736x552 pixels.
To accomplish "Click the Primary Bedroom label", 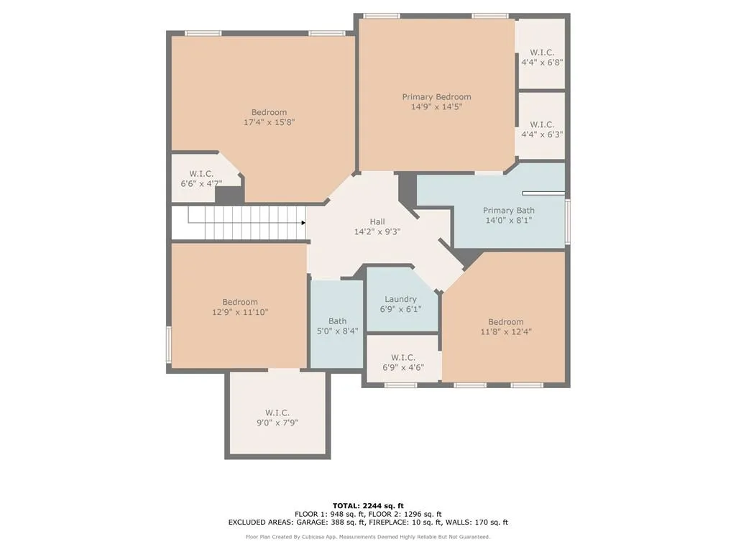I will tap(436, 97).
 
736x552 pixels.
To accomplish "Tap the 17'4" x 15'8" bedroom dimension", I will tap(269, 122).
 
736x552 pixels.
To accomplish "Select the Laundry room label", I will tap(400, 299).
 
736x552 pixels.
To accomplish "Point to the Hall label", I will tap(377, 221).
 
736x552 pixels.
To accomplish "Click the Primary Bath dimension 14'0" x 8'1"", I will tap(508, 221).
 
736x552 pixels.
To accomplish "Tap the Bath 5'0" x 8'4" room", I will tap(337, 326).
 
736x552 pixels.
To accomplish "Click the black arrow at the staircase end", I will tap(303, 223).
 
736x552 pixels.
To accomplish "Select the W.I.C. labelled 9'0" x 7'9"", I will tap(277, 418).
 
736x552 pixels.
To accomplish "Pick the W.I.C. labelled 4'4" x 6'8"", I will tap(541, 57).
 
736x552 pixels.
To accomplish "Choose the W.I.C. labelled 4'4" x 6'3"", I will tap(541, 129).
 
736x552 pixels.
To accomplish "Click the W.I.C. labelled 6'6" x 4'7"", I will tap(201, 179).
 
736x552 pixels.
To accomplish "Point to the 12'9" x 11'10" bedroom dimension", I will tap(239, 312).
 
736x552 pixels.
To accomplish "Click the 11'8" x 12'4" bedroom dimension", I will tap(505, 331).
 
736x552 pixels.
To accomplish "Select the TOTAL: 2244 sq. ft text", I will tap(368, 505).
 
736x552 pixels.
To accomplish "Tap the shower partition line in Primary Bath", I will tap(543, 193).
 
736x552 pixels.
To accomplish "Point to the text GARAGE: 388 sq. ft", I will tap(322, 523).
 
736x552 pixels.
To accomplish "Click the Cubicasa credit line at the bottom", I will tap(368, 537).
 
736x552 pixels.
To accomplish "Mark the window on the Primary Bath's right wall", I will tap(567, 221).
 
